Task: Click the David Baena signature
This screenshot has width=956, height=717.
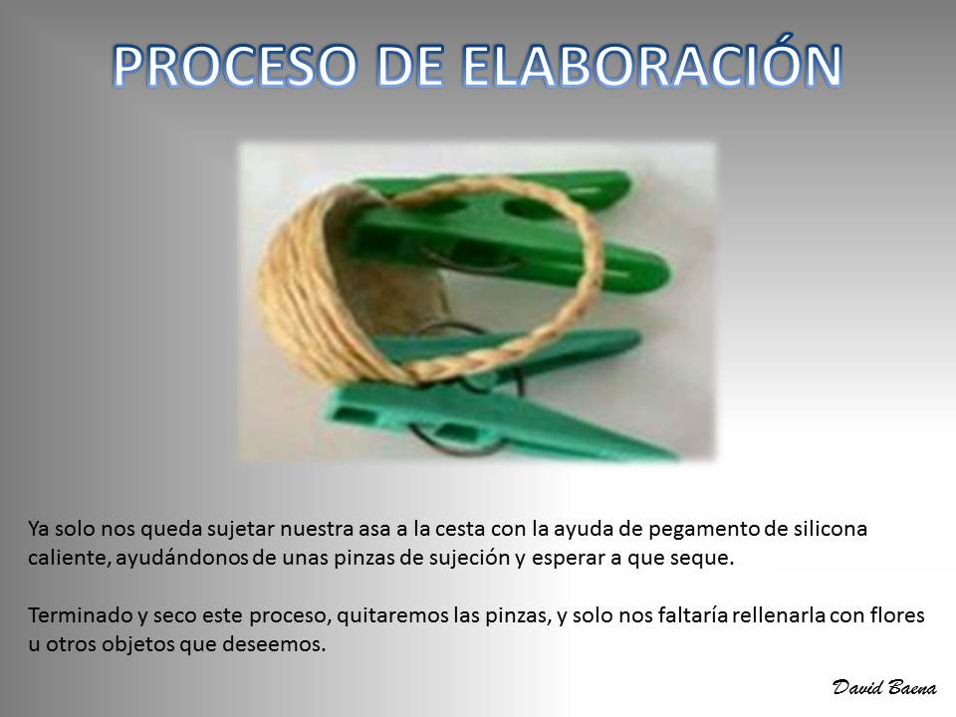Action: (884, 687)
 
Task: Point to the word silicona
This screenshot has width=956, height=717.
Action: (830, 528)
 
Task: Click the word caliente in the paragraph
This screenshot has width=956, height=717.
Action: (69, 558)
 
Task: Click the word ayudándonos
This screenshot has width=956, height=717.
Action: (181, 558)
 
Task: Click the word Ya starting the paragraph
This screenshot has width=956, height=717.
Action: (38, 529)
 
